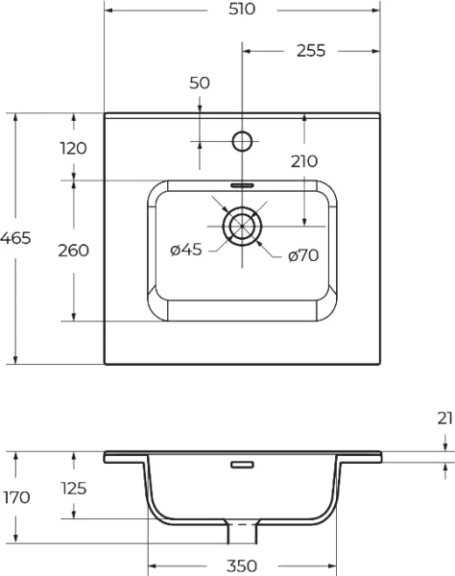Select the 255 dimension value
pyautogui.click(x=311, y=51)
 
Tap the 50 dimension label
pyautogui.click(x=200, y=84)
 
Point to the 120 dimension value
pyautogui.click(x=74, y=148)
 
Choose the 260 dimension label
pyautogui.click(x=74, y=251)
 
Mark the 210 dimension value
pyautogui.click(x=303, y=161)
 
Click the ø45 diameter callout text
pyautogui.click(x=185, y=251)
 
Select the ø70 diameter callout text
pyautogui.click(x=303, y=255)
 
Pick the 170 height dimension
pyautogui.click(x=16, y=497)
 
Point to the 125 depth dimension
pyautogui.click(x=74, y=488)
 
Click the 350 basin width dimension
pyautogui.click(x=242, y=565)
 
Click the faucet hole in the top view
pyautogui.click(x=242, y=142)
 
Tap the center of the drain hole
pyautogui.click(x=242, y=226)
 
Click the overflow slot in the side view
pyautogui.click(x=242, y=465)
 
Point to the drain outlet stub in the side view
pyautogui.click(x=242, y=529)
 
